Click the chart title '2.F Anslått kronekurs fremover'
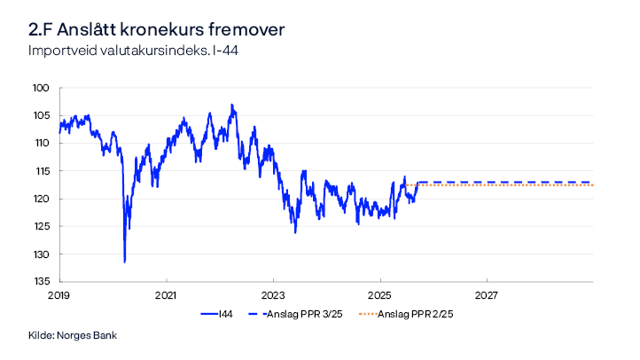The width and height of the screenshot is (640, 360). pyautogui.click(x=156, y=30)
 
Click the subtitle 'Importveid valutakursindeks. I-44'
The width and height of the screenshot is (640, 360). pyautogui.click(x=133, y=51)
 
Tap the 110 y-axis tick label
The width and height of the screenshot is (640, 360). pyautogui.click(x=41, y=143)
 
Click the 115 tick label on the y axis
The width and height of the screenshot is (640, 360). pyautogui.click(x=41, y=170)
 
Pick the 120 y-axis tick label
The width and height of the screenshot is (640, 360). pyautogui.click(x=41, y=199)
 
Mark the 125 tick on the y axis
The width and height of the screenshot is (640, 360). pyautogui.click(x=41, y=226)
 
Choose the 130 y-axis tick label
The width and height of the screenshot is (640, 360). pyautogui.click(x=41, y=254)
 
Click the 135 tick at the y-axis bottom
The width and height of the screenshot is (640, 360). pyautogui.click(x=41, y=282)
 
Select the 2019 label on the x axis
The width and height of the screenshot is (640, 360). pyautogui.click(x=59, y=294)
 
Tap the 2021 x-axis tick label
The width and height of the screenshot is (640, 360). pyautogui.click(x=167, y=294)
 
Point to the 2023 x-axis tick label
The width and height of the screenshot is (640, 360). pyautogui.click(x=273, y=294)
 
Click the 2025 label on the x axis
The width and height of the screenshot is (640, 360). pyautogui.click(x=379, y=294)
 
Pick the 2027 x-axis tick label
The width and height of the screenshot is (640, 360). pyautogui.click(x=487, y=294)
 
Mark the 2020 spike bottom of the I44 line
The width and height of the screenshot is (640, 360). pyautogui.click(x=124, y=262)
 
